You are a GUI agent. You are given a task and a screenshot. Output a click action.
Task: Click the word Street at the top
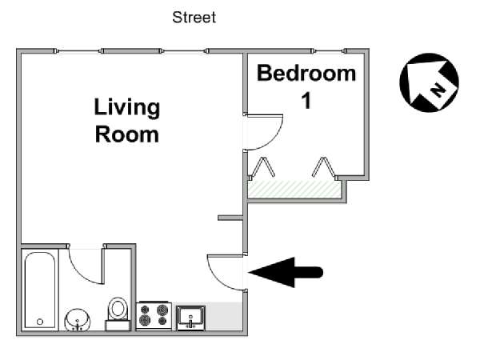(x=194, y=18)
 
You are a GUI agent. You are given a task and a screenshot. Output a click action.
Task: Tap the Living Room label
(x=127, y=120)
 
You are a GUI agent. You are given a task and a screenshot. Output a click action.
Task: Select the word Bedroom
(x=306, y=74)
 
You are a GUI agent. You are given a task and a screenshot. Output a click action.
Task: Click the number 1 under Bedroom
(x=306, y=101)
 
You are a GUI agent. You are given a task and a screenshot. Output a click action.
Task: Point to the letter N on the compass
(x=438, y=90)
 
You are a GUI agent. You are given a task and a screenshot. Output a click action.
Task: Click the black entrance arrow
(x=286, y=272)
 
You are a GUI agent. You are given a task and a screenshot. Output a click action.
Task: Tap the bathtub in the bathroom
(x=40, y=290)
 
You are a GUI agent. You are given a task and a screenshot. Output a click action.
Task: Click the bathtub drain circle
(x=40, y=322)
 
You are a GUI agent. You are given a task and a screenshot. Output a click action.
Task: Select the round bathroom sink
(x=78, y=319)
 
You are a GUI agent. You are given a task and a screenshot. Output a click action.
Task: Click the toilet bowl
(x=118, y=308)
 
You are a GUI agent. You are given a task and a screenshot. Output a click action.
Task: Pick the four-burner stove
(x=154, y=315)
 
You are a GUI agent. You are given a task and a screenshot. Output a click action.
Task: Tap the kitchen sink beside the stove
(x=190, y=318)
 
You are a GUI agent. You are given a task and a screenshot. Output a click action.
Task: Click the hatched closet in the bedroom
(x=294, y=189)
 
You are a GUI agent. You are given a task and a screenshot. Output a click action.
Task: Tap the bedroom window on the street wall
(x=329, y=51)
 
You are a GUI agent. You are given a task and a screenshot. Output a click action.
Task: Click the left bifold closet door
(x=262, y=167)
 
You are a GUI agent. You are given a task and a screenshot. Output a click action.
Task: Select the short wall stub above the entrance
(x=230, y=218)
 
